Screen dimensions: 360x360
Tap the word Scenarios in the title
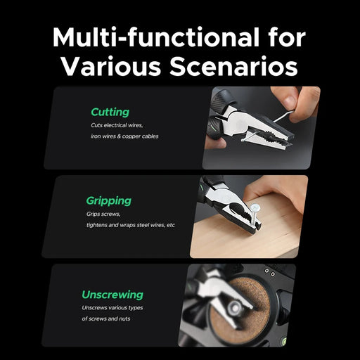coord(234,65)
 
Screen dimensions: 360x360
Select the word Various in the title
coord(111,65)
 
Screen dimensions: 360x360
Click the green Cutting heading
coord(110,112)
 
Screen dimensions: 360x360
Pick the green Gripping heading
coord(109,201)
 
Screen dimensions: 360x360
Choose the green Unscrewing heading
coord(112,295)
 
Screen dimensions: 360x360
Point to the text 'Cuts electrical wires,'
coord(117,125)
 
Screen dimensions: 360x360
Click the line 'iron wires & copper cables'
coord(124,136)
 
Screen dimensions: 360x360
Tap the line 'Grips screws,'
coord(103,214)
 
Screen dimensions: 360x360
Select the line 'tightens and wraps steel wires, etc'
coord(131,225)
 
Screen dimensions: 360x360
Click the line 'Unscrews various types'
coord(112,308)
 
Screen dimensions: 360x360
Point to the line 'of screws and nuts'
coord(106,319)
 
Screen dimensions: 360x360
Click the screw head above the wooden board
coord(255,207)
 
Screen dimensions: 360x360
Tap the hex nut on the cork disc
coord(235,307)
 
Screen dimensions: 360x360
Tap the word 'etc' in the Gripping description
coord(171,225)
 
